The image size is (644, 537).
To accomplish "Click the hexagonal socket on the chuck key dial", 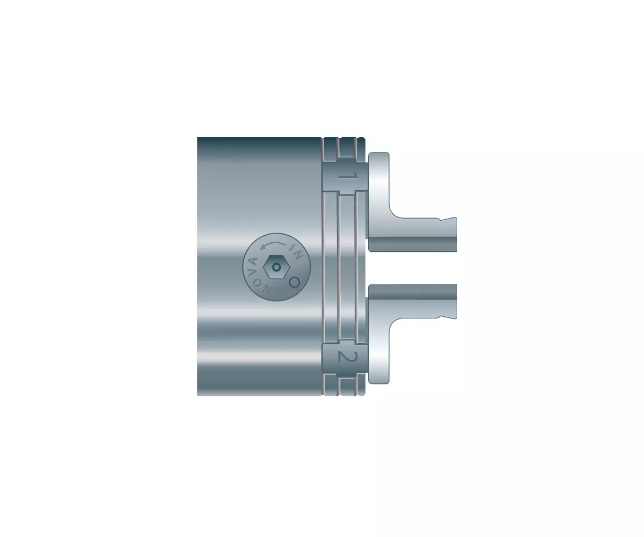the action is point(276,267).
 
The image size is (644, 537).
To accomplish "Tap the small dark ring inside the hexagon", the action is point(277,267).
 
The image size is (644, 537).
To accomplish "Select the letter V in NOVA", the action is point(253,274).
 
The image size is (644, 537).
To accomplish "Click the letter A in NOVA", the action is point(253,263).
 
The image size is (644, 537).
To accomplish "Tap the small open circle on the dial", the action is point(295,282).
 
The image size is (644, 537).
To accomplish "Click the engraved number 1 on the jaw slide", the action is point(347,176).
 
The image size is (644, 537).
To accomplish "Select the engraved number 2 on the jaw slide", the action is point(348,358).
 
